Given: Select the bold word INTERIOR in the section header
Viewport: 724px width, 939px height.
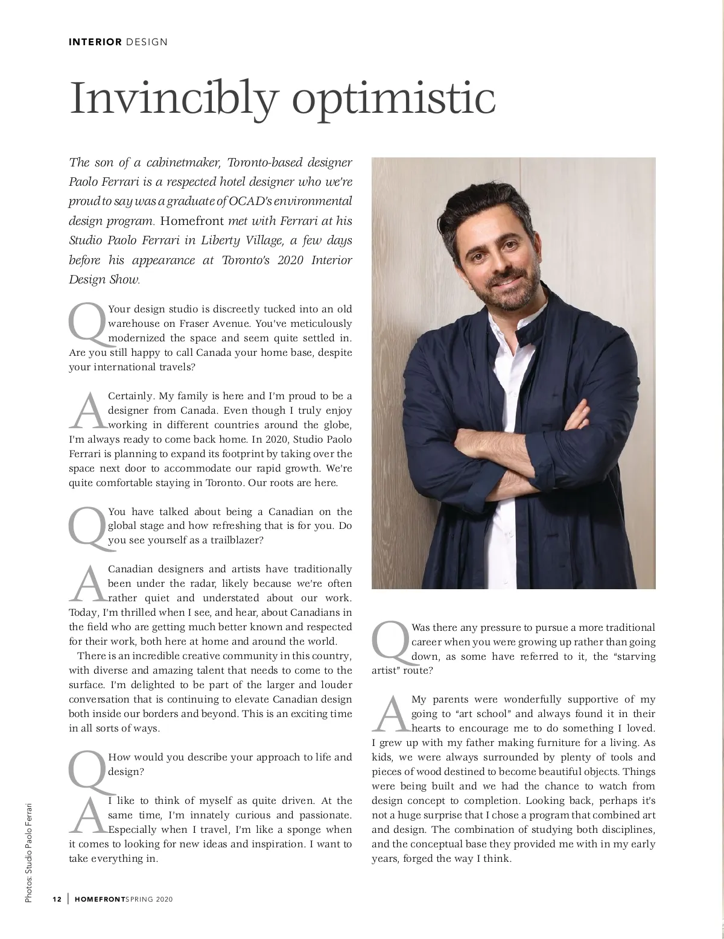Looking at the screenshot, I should pyautogui.click(x=96, y=42).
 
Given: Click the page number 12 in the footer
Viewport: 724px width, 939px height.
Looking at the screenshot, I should pyautogui.click(x=57, y=900).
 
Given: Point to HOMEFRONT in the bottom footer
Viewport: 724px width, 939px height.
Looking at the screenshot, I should pyautogui.click(x=98, y=900).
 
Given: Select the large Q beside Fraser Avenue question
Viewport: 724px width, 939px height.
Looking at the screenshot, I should pyautogui.click(x=87, y=323).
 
